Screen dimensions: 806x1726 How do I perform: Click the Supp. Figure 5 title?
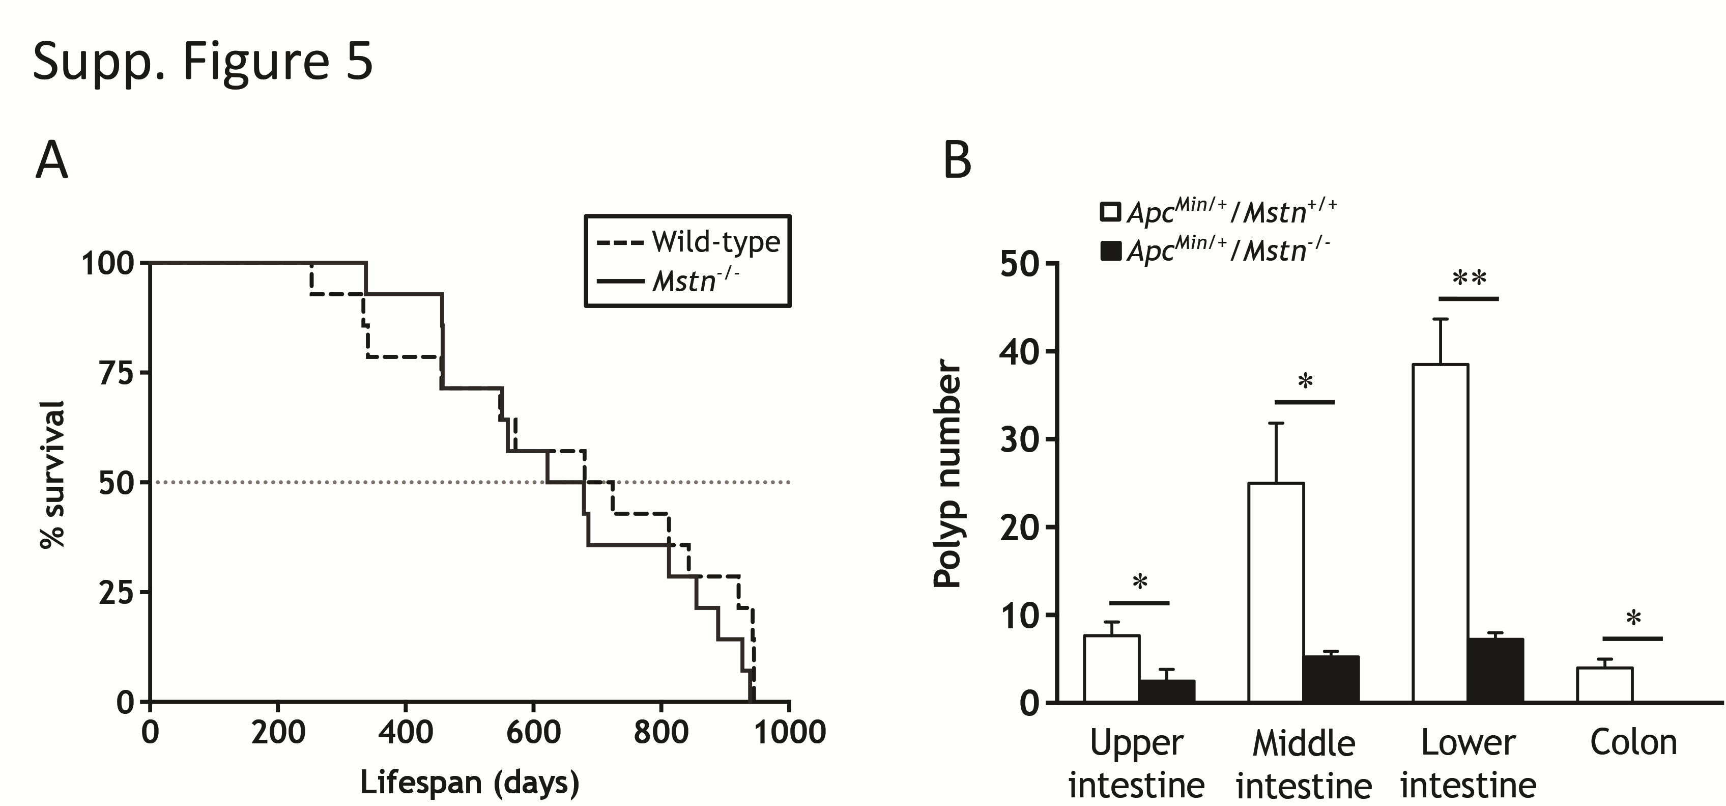[203, 62]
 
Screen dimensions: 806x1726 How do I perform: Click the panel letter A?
[51, 161]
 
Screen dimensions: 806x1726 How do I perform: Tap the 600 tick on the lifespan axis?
[533, 732]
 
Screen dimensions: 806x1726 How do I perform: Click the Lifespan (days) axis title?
[469, 783]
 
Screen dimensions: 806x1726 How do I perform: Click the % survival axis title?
[53, 475]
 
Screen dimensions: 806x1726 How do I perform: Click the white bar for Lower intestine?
[1440, 533]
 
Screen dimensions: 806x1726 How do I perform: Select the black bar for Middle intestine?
[1331, 679]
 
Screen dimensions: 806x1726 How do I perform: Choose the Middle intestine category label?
[1304, 764]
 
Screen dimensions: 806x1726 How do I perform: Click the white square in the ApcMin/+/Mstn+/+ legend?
[1110, 212]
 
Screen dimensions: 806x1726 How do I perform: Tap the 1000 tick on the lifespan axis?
[790, 732]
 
